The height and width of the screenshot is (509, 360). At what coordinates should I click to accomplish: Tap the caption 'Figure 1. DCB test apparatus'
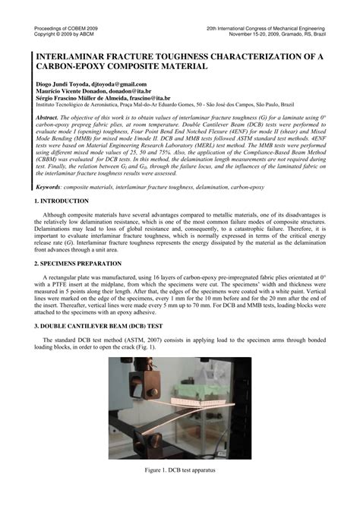[180, 470]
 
